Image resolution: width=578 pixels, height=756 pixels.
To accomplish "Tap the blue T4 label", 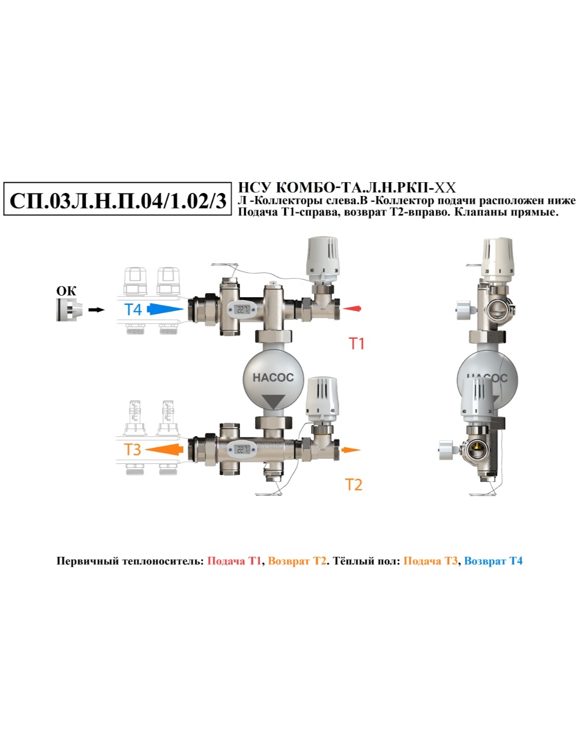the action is pyautogui.click(x=132, y=309).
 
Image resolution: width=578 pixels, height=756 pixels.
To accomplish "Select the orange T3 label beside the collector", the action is pyautogui.click(x=132, y=450).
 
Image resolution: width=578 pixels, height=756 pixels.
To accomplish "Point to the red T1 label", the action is pyautogui.click(x=357, y=343).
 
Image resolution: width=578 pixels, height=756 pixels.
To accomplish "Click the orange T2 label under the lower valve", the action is pyautogui.click(x=353, y=484).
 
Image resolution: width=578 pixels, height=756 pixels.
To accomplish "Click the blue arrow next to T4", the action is pyautogui.click(x=165, y=308).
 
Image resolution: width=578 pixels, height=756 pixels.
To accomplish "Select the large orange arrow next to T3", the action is pyautogui.click(x=164, y=450).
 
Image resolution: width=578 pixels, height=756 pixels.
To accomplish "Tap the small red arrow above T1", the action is pyautogui.click(x=352, y=308).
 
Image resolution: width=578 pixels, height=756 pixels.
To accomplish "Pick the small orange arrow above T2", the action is pyautogui.click(x=351, y=450).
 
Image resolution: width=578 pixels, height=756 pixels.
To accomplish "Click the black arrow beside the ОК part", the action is pyautogui.click(x=96, y=309).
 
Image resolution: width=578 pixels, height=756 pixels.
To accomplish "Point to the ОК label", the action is pyautogui.click(x=66, y=291).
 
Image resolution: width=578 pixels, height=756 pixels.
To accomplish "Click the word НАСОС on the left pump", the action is pyautogui.click(x=273, y=377).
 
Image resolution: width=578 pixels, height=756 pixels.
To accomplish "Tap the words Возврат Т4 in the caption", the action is pyautogui.click(x=493, y=561).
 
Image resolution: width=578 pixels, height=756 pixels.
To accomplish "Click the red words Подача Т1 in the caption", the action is pyautogui.click(x=234, y=561).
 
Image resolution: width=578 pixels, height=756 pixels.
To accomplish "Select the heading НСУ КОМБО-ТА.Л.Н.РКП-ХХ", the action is pyautogui.click(x=347, y=188).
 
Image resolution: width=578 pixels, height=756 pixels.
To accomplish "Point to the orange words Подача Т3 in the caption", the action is pyautogui.click(x=430, y=561).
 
